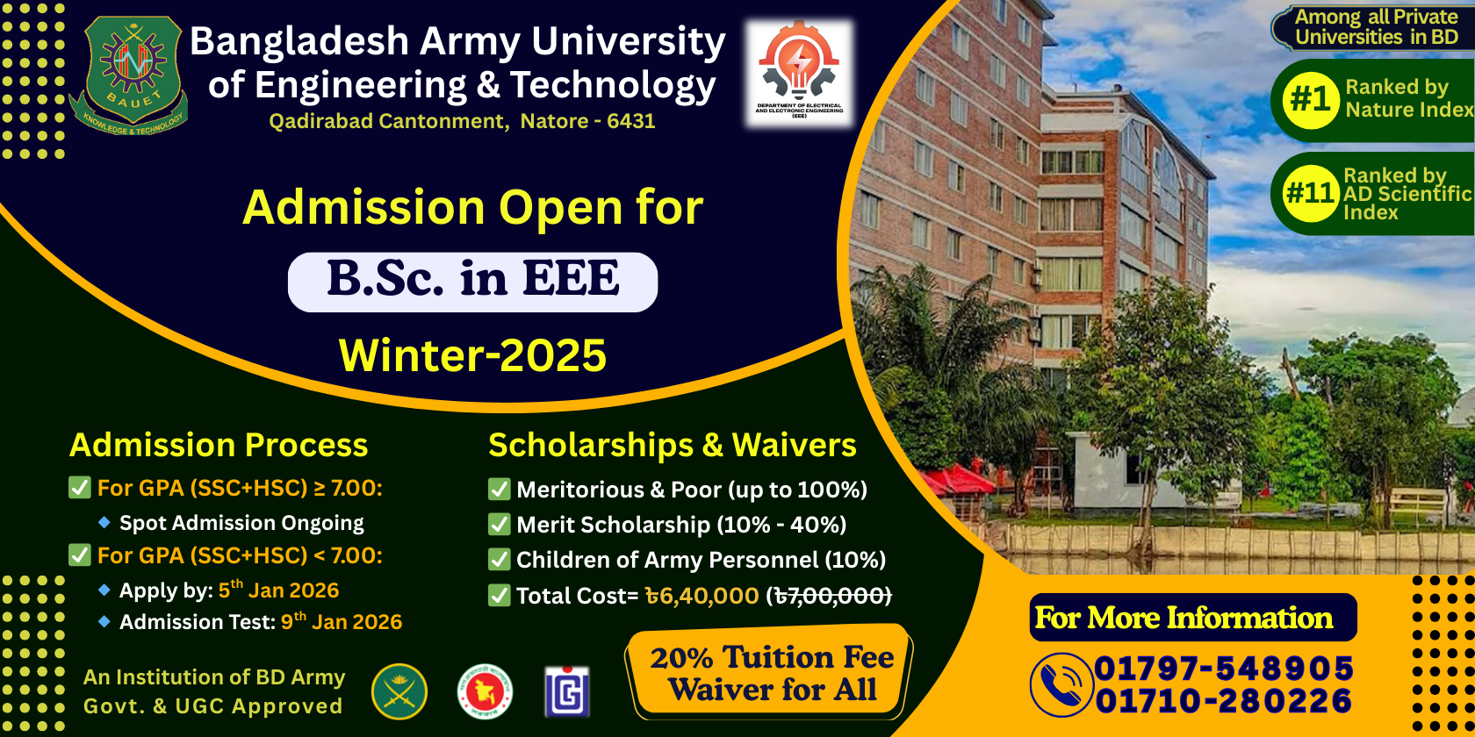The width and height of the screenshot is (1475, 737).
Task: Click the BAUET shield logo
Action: click(x=130, y=75)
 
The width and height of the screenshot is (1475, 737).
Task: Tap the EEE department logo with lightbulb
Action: click(x=799, y=72)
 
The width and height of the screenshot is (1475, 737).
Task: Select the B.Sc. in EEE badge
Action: click(x=472, y=282)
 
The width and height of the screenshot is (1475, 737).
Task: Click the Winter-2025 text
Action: click(x=472, y=355)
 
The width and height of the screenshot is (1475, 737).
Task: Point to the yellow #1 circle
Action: click(x=1310, y=100)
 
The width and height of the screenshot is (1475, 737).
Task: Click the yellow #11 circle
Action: click(x=1310, y=193)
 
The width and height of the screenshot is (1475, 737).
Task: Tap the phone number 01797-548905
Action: click(x=1224, y=669)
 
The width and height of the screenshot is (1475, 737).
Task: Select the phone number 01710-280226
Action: click(x=1224, y=700)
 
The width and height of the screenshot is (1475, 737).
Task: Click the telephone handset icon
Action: click(x=1061, y=685)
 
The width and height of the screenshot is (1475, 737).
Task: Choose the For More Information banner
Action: click(x=1193, y=618)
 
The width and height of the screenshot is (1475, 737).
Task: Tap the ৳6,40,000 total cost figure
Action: click(x=702, y=596)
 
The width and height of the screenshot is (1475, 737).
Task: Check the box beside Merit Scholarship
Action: click(x=499, y=525)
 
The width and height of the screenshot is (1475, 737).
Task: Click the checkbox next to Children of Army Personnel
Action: click(x=499, y=560)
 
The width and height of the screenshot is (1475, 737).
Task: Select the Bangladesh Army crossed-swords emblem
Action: click(x=399, y=691)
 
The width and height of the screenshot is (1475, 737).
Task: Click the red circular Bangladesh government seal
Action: click(x=485, y=691)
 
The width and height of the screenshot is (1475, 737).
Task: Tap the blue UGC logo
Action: click(x=567, y=691)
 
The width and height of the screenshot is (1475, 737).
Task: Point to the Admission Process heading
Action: click(x=219, y=445)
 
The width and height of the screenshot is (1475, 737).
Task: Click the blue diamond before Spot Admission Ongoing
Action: click(x=104, y=523)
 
